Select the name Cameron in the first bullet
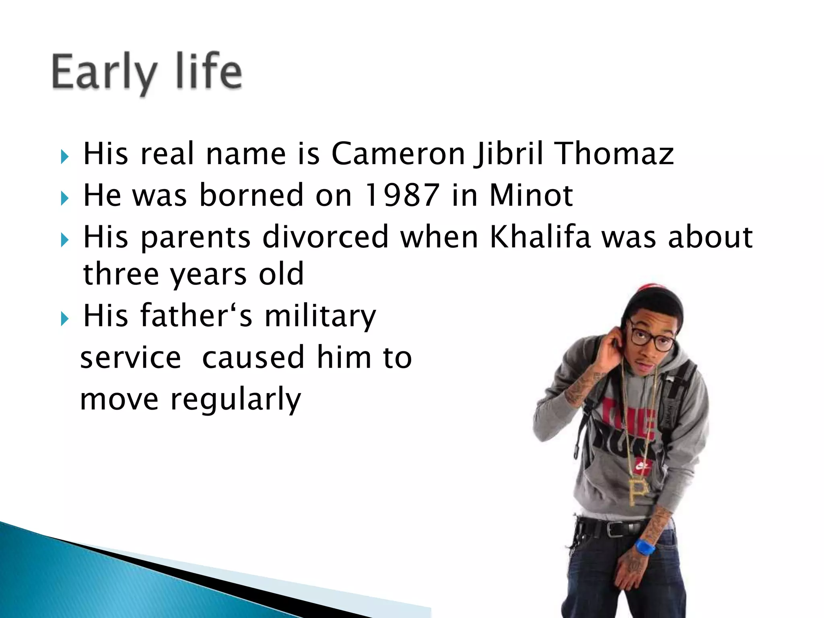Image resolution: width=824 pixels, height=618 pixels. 398,154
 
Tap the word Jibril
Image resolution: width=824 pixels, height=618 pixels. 510,154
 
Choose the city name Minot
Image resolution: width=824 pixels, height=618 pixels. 531,195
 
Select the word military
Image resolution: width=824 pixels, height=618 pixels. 320,316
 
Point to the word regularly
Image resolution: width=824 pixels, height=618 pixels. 235,400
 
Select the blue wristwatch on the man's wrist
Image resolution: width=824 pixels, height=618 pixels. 645,547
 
